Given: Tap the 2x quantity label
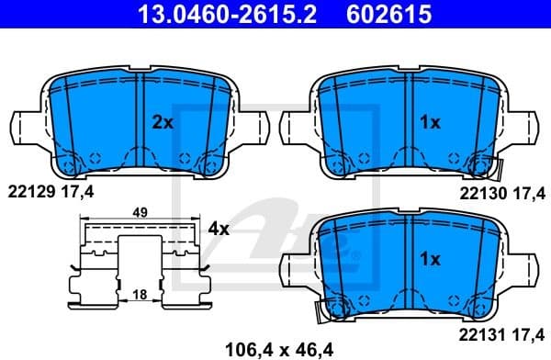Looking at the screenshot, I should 162,121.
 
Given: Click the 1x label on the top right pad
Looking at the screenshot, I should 430,121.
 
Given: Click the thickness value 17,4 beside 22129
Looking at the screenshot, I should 80,190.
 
